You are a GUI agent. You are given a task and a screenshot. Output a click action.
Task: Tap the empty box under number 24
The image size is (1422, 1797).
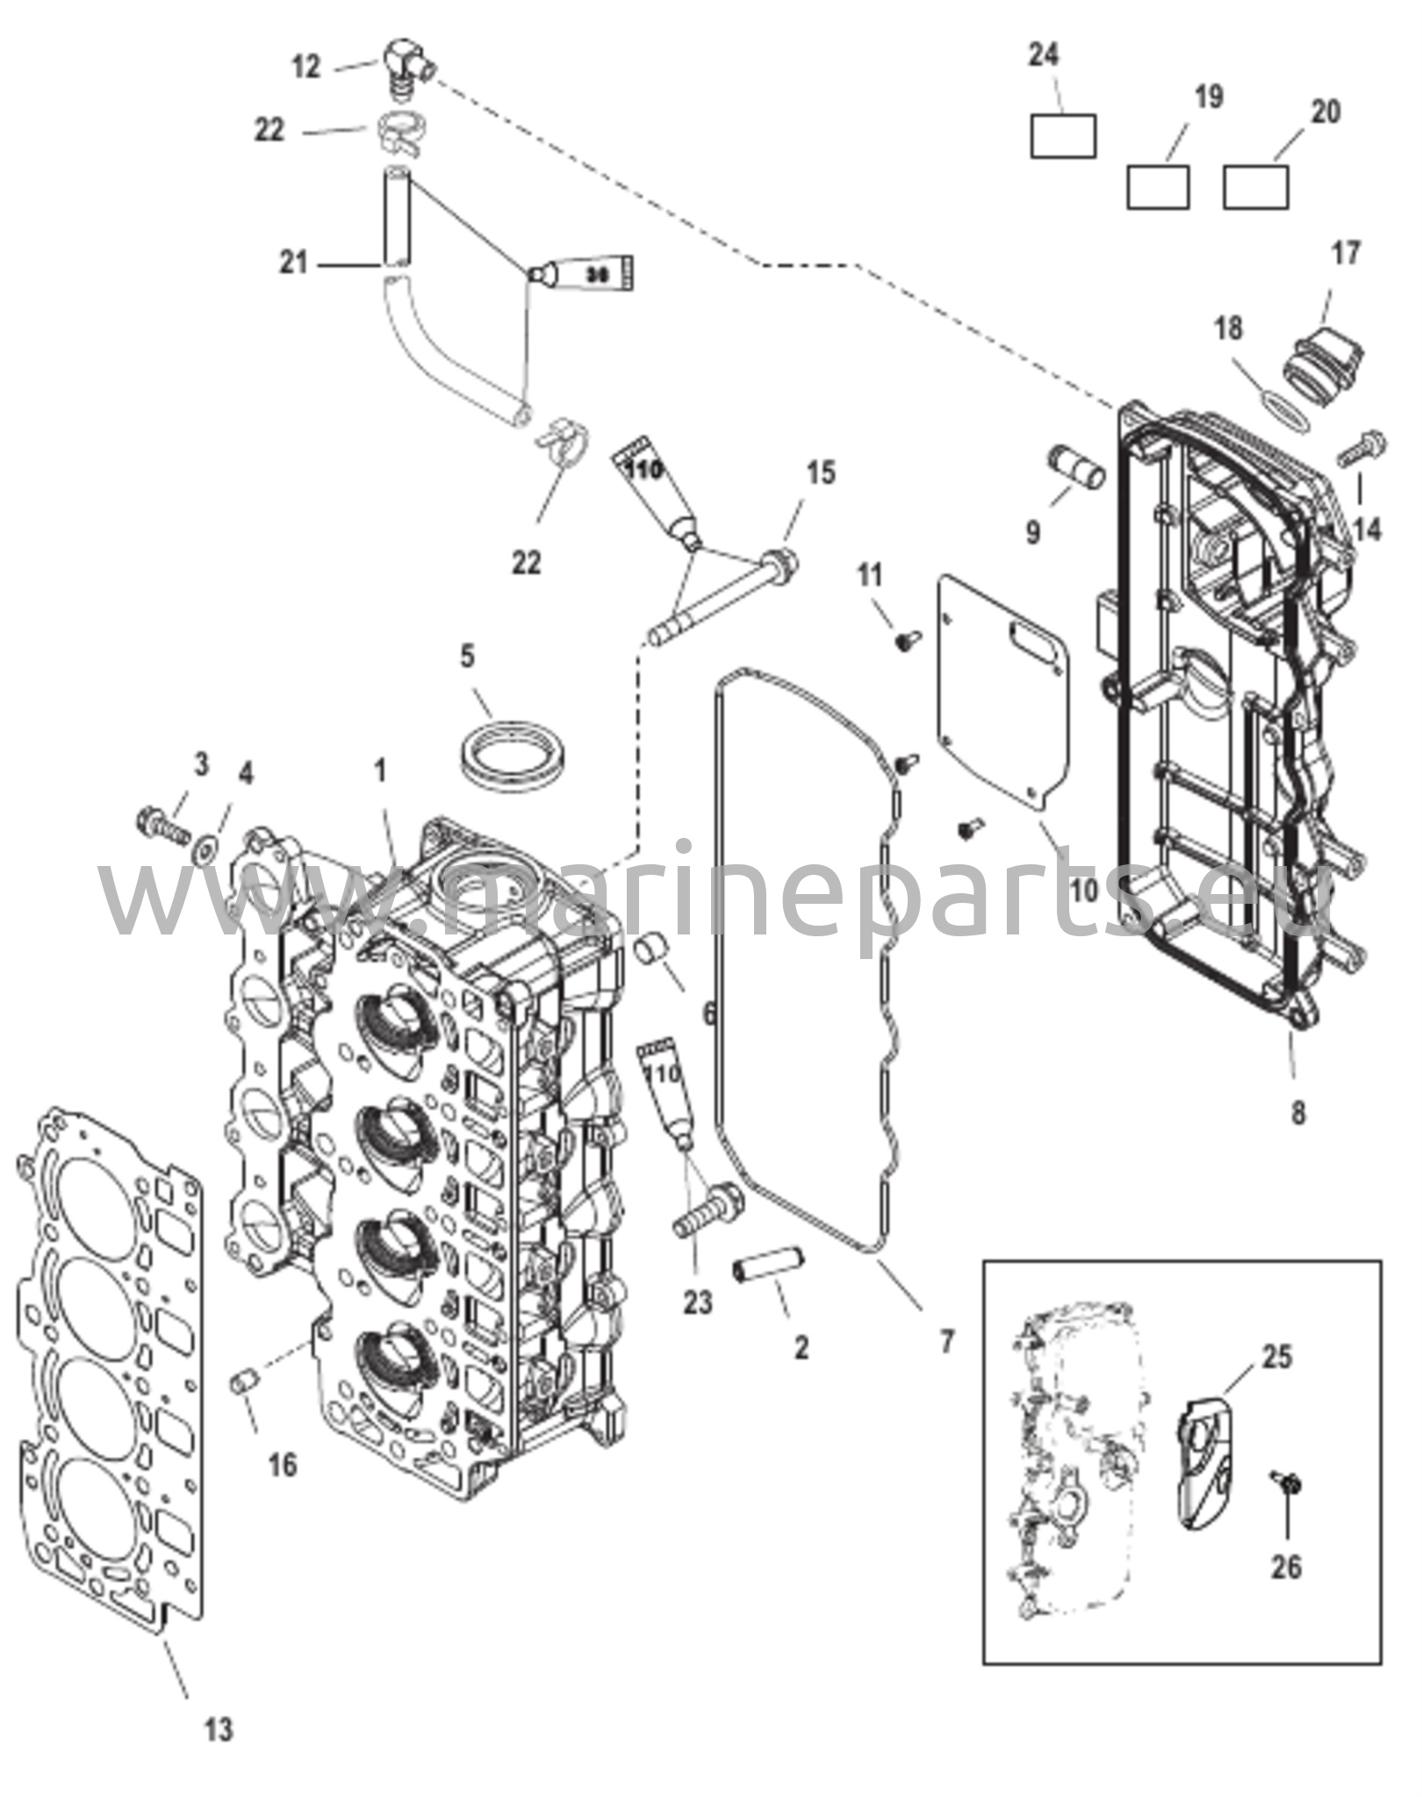click(x=1063, y=136)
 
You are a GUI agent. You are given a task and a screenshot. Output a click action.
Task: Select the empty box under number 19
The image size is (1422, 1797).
click(x=1158, y=186)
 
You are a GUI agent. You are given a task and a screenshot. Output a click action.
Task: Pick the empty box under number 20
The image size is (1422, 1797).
click(x=1256, y=186)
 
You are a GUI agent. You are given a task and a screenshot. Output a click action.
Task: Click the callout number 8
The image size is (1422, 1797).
click(x=1298, y=1113)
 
